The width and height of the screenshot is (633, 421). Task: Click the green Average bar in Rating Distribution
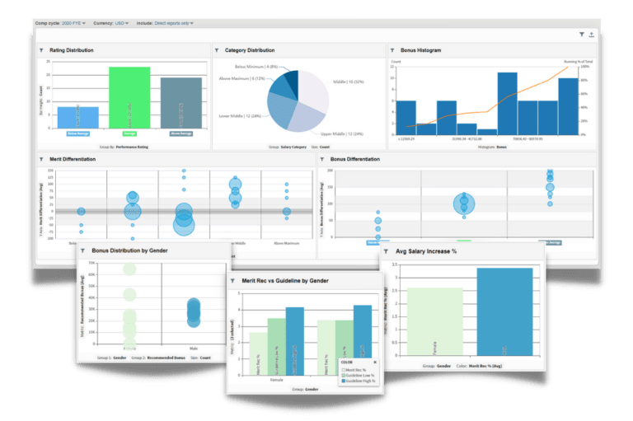pyautogui.click(x=129, y=99)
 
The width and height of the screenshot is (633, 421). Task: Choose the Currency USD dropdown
pyautogui.click(x=110, y=23)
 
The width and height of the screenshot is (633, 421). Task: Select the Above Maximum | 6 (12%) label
pyautogui.click(x=241, y=78)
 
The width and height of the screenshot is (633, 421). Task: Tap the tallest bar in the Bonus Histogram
pyautogui.click(x=507, y=103)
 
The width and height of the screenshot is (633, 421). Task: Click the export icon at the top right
pyautogui.click(x=591, y=35)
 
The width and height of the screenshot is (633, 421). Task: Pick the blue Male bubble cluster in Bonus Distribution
pyautogui.click(x=194, y=311)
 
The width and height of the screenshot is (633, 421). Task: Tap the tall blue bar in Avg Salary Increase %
pyautogui.click(x=504, y=312)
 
